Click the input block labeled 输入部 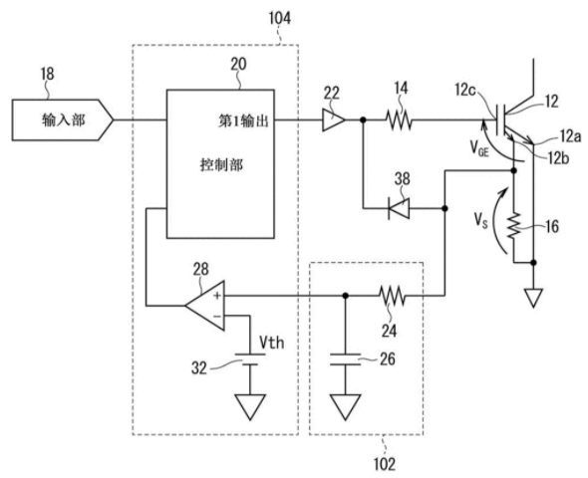click(62, 119)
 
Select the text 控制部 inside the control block click(221, 164)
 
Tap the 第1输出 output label click(243, 120)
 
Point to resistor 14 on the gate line click(399, 120)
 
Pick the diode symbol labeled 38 click(399, 208)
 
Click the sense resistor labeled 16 click(514, 226)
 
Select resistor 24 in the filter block click(393, 296)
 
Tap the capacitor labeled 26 click(345, 358)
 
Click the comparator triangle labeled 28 click(205, 306)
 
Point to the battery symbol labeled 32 click(250, 358)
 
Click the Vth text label click(272, 343)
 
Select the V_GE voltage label click(479, 149)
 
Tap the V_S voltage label click(480, 220)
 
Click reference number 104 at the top click(280, 18)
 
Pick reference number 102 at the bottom click(385, 464)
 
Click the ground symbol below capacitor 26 click(345, 407)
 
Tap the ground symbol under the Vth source click(250, 407)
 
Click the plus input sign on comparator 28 click(217, 296)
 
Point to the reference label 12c click(465, 90)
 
